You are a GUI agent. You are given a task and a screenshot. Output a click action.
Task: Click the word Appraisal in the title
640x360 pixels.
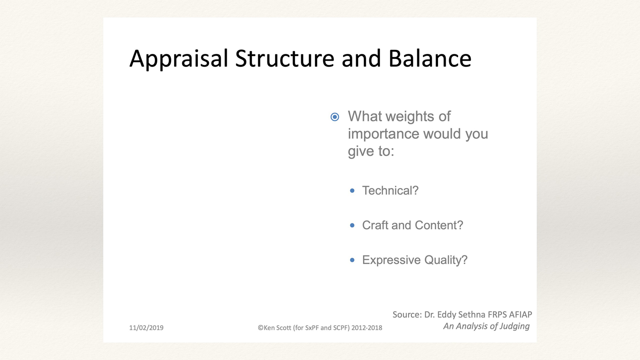coord(179,59)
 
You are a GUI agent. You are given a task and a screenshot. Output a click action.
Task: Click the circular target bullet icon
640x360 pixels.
coord(335,117)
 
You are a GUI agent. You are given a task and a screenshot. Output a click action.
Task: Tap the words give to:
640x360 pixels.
coord(371,151)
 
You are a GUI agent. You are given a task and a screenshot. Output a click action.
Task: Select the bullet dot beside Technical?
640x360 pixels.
coord(352,191)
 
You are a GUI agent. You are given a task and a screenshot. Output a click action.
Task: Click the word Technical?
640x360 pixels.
coord(390,191)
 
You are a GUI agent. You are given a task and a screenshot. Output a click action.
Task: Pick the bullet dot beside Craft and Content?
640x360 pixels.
coord(352,225)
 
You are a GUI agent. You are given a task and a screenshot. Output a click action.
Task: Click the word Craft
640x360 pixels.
coord(375,225)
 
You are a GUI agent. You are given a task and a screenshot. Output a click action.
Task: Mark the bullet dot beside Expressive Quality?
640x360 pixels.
coord(352,260)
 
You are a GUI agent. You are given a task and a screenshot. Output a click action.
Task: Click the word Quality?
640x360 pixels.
coord(446,260)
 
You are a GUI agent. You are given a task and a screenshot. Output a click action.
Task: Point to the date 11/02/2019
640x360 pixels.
coord(146,328)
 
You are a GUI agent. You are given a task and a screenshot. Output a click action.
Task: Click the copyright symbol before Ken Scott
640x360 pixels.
coord(261,328)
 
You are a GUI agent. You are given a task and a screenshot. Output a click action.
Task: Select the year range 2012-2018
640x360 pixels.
coord(367,328)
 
